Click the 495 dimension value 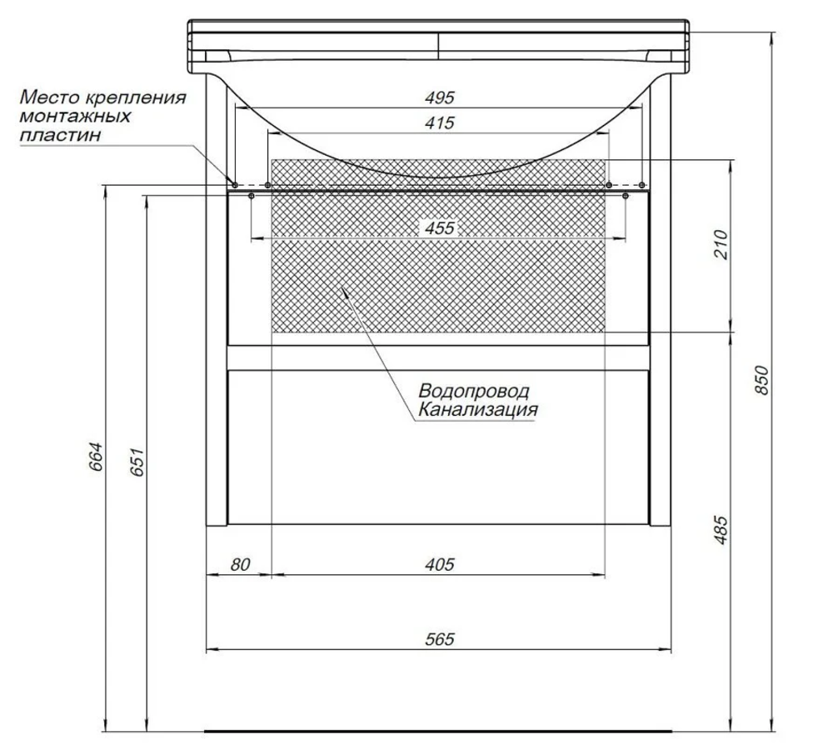point(440,98)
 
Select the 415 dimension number point(440,123)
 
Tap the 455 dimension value point(440,228)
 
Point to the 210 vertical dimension point(721,244)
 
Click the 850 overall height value point(762,379)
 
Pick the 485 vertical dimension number point(721,529)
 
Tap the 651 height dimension point(137,462)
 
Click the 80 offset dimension point(240,564)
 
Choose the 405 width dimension point(440,564)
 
